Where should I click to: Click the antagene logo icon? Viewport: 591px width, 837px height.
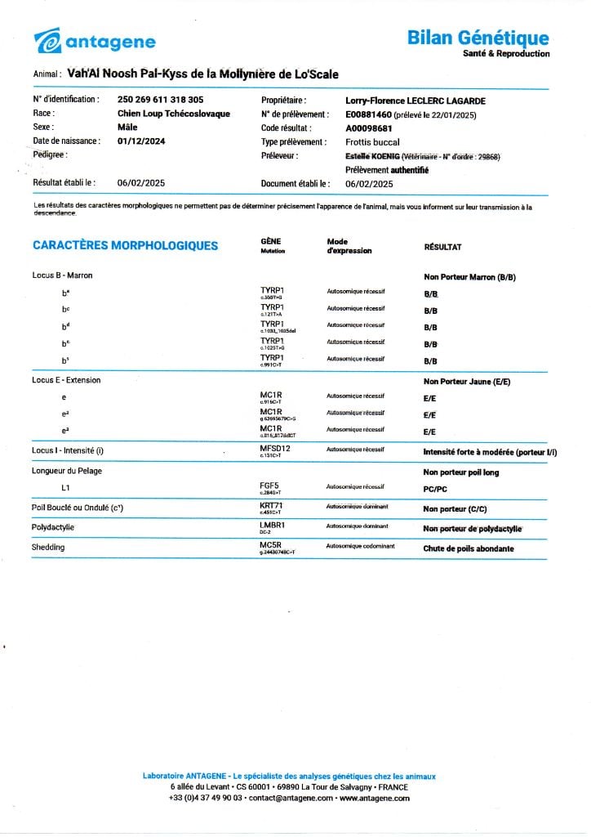[x=47, y=40]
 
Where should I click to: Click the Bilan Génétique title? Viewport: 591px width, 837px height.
[x=478, y=38]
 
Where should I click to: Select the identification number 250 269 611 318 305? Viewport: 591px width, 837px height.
[x=161, y=100]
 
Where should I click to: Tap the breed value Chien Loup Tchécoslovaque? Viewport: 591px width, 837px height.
[x=173, y=114]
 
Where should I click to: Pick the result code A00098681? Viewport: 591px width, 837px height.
[x=369, y=128]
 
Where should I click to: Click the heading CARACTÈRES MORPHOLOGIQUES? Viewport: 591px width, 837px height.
[x=125, y=245]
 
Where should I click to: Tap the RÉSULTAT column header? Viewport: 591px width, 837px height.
[x=442, y=246]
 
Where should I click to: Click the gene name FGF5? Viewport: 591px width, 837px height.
[x=269, y=486]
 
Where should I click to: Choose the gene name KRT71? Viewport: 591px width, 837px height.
[x=271, y=506]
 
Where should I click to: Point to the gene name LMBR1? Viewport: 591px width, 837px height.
[x=272, y=526]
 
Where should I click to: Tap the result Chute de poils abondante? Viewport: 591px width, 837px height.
[x=468, y=548]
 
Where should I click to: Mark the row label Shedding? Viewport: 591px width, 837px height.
[x=48, y=548]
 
